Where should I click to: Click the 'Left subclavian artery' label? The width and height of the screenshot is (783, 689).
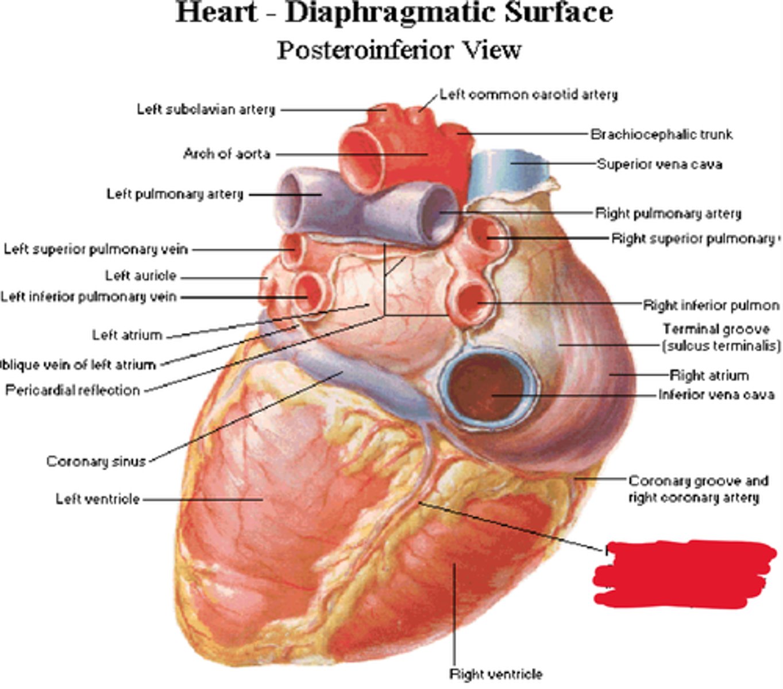click(x=206, y=109)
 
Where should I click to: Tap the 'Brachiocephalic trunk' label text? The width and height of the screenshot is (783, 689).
click(x=661, y=134)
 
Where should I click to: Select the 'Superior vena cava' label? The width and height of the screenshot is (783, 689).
click(x=659, y=164)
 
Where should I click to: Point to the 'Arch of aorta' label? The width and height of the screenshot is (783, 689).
click(x=226, y=154)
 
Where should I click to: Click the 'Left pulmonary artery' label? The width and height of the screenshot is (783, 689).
click(x=175, y=194)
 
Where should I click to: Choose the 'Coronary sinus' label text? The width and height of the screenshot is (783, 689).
click(x=96, y=461)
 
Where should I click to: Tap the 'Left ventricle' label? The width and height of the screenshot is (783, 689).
click(x=97, y=498)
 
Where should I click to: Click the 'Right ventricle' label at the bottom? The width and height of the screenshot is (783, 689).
click(x=495, y=673)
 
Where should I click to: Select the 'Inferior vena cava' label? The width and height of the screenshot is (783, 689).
click(x=716, y=394)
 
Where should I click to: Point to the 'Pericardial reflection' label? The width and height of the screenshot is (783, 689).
click(x=72, y=390)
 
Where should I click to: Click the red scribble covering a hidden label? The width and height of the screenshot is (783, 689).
click(x=684, y=573)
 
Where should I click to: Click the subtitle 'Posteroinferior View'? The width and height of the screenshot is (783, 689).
click(x=399, y=50)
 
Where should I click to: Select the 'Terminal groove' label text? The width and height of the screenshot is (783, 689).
click(x=716, y=329)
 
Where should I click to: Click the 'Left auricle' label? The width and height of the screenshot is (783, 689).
click(x=140, y=276)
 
